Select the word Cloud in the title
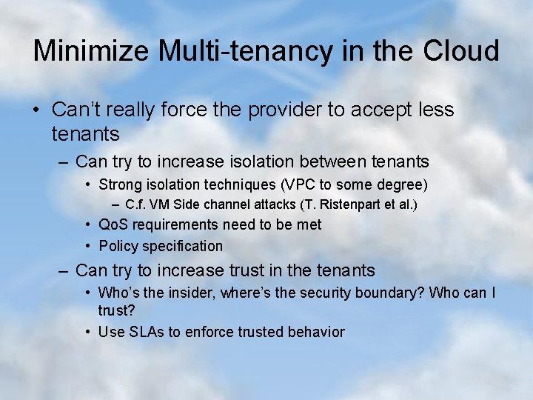point(460,51)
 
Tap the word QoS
point(112,224)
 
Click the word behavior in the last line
point(316,332)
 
